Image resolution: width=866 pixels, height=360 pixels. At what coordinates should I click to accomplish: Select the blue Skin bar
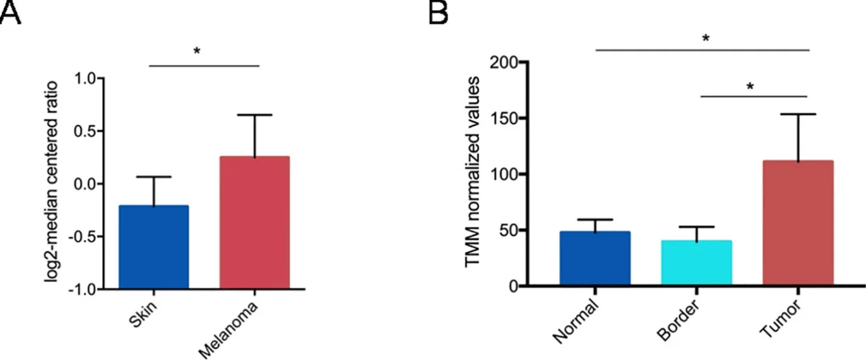[153, 246]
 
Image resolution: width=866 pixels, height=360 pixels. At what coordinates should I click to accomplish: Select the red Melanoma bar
[254, 222]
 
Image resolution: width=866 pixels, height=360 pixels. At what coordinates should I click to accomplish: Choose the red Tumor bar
[798, 222]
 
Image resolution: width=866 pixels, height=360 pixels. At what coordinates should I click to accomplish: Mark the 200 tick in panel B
[503, 62]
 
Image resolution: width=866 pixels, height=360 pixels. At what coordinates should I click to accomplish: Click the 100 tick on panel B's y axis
[503, 175]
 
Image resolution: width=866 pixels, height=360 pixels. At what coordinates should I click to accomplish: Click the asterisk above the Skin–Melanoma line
[197, 51]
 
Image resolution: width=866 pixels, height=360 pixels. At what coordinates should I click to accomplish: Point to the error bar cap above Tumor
[798, 114]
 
